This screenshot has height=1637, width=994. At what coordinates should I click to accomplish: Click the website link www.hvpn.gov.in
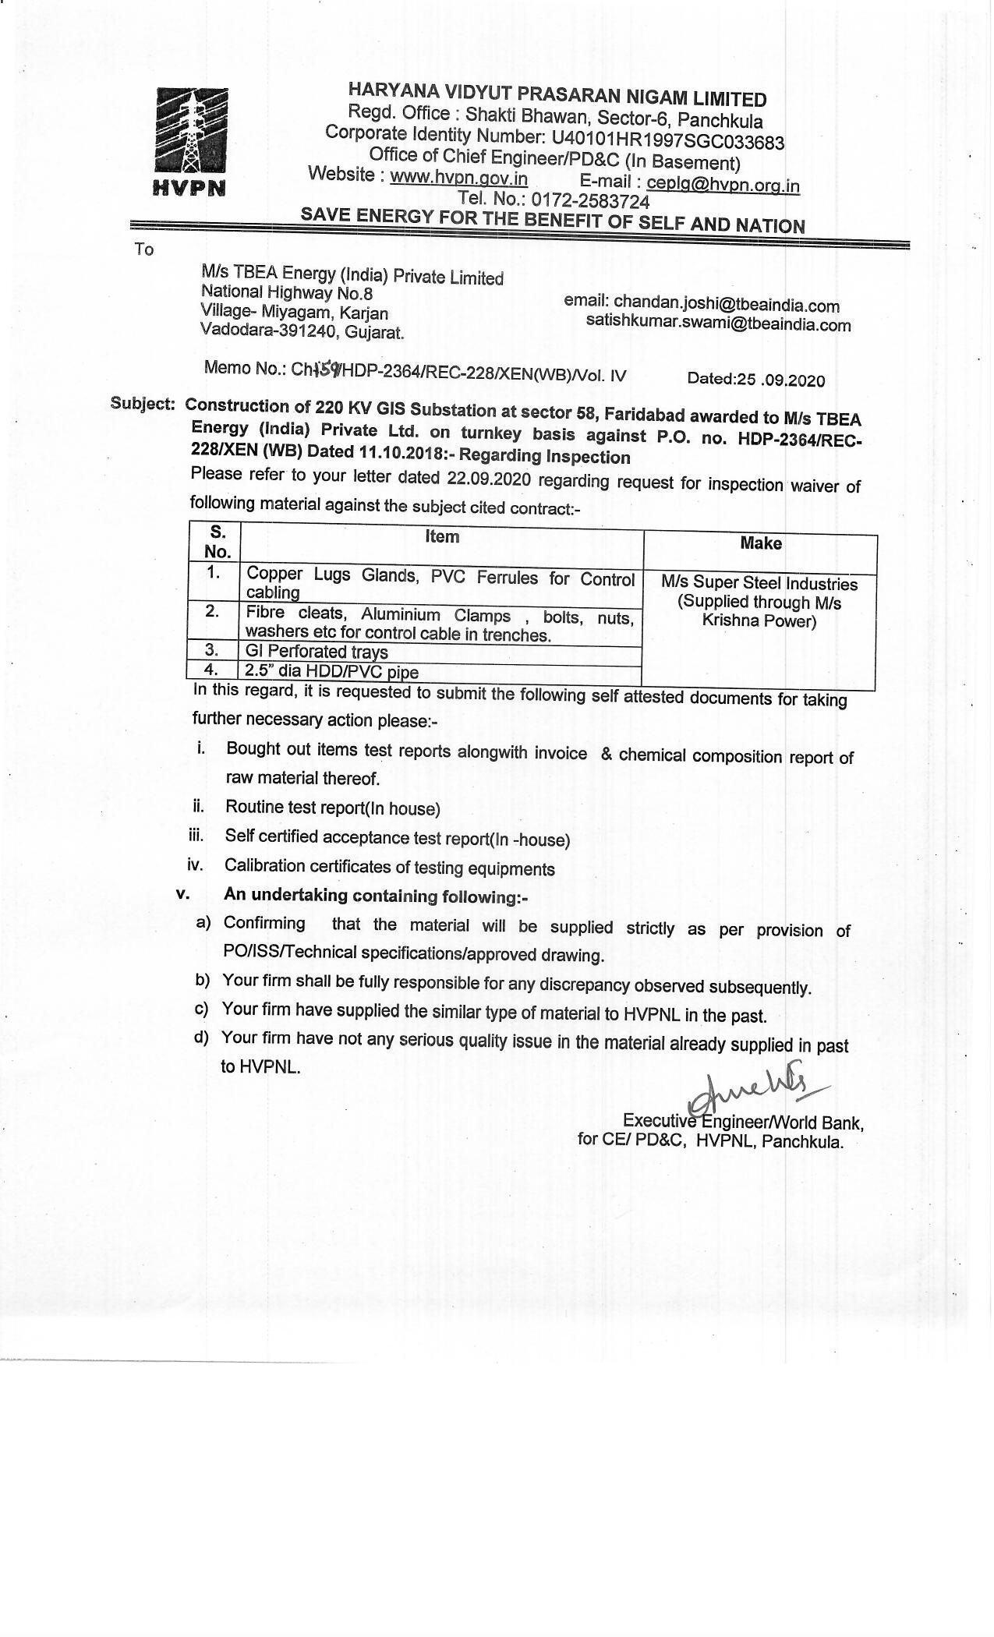(458, 178)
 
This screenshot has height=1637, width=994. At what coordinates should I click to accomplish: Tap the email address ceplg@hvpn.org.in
(723, 184)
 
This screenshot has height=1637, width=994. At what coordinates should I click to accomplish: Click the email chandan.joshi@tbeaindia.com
(726, 305)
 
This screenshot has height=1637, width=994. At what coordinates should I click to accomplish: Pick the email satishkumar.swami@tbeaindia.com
(718, 324)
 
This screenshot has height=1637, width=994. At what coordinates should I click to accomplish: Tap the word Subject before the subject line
(141, 403)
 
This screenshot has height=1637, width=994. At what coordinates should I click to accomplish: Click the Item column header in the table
(442, 536)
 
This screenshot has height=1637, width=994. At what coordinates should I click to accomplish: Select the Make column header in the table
(760, 543)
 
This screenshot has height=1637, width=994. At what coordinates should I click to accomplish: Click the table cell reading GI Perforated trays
(317, 652)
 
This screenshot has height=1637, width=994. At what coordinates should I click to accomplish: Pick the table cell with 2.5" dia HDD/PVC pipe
(332, 671)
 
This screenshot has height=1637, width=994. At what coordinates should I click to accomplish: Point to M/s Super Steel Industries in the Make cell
(759, 583)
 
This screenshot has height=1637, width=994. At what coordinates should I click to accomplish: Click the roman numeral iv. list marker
(195, 864)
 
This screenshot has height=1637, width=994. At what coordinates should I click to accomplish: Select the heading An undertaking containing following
(375, 896)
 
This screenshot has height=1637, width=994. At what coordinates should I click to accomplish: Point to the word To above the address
(144, 250)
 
